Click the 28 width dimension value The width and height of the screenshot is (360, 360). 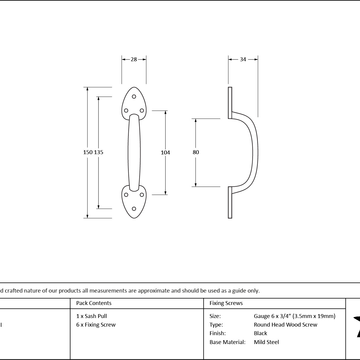click(x=134, y=59)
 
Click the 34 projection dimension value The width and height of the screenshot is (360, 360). click(x=243, y=59)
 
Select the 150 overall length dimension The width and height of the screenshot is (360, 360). click(x=88, y=152)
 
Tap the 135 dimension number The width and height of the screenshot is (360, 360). click(x=99, y=152)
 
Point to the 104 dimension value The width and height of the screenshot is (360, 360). click(x=165, y=153)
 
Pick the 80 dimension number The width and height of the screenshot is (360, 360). click(x=196, y=152)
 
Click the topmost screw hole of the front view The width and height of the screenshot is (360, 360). click(x=134, y=97)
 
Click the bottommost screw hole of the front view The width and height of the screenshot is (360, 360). click(x=134, y=209)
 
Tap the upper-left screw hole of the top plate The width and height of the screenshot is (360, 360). click(x=126, y=111)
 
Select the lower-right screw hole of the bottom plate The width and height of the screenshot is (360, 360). click(x=142, y=195)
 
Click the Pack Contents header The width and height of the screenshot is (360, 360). click(x=94, y=303)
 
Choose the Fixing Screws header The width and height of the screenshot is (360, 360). click(x=226, y=303)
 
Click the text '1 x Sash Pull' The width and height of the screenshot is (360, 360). click(x=91, y=316)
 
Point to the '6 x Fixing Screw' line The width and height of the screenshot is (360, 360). click(x=96, y=325)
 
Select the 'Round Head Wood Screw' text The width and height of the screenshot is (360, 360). click(x=285, y=325)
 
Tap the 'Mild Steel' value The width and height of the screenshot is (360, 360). click(x=267, y=342)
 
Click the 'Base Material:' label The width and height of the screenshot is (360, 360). click(x=227, y=342)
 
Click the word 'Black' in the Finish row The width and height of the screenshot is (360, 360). click(x=260, y=333)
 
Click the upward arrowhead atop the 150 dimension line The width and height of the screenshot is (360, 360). click(x=88, y=89)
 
